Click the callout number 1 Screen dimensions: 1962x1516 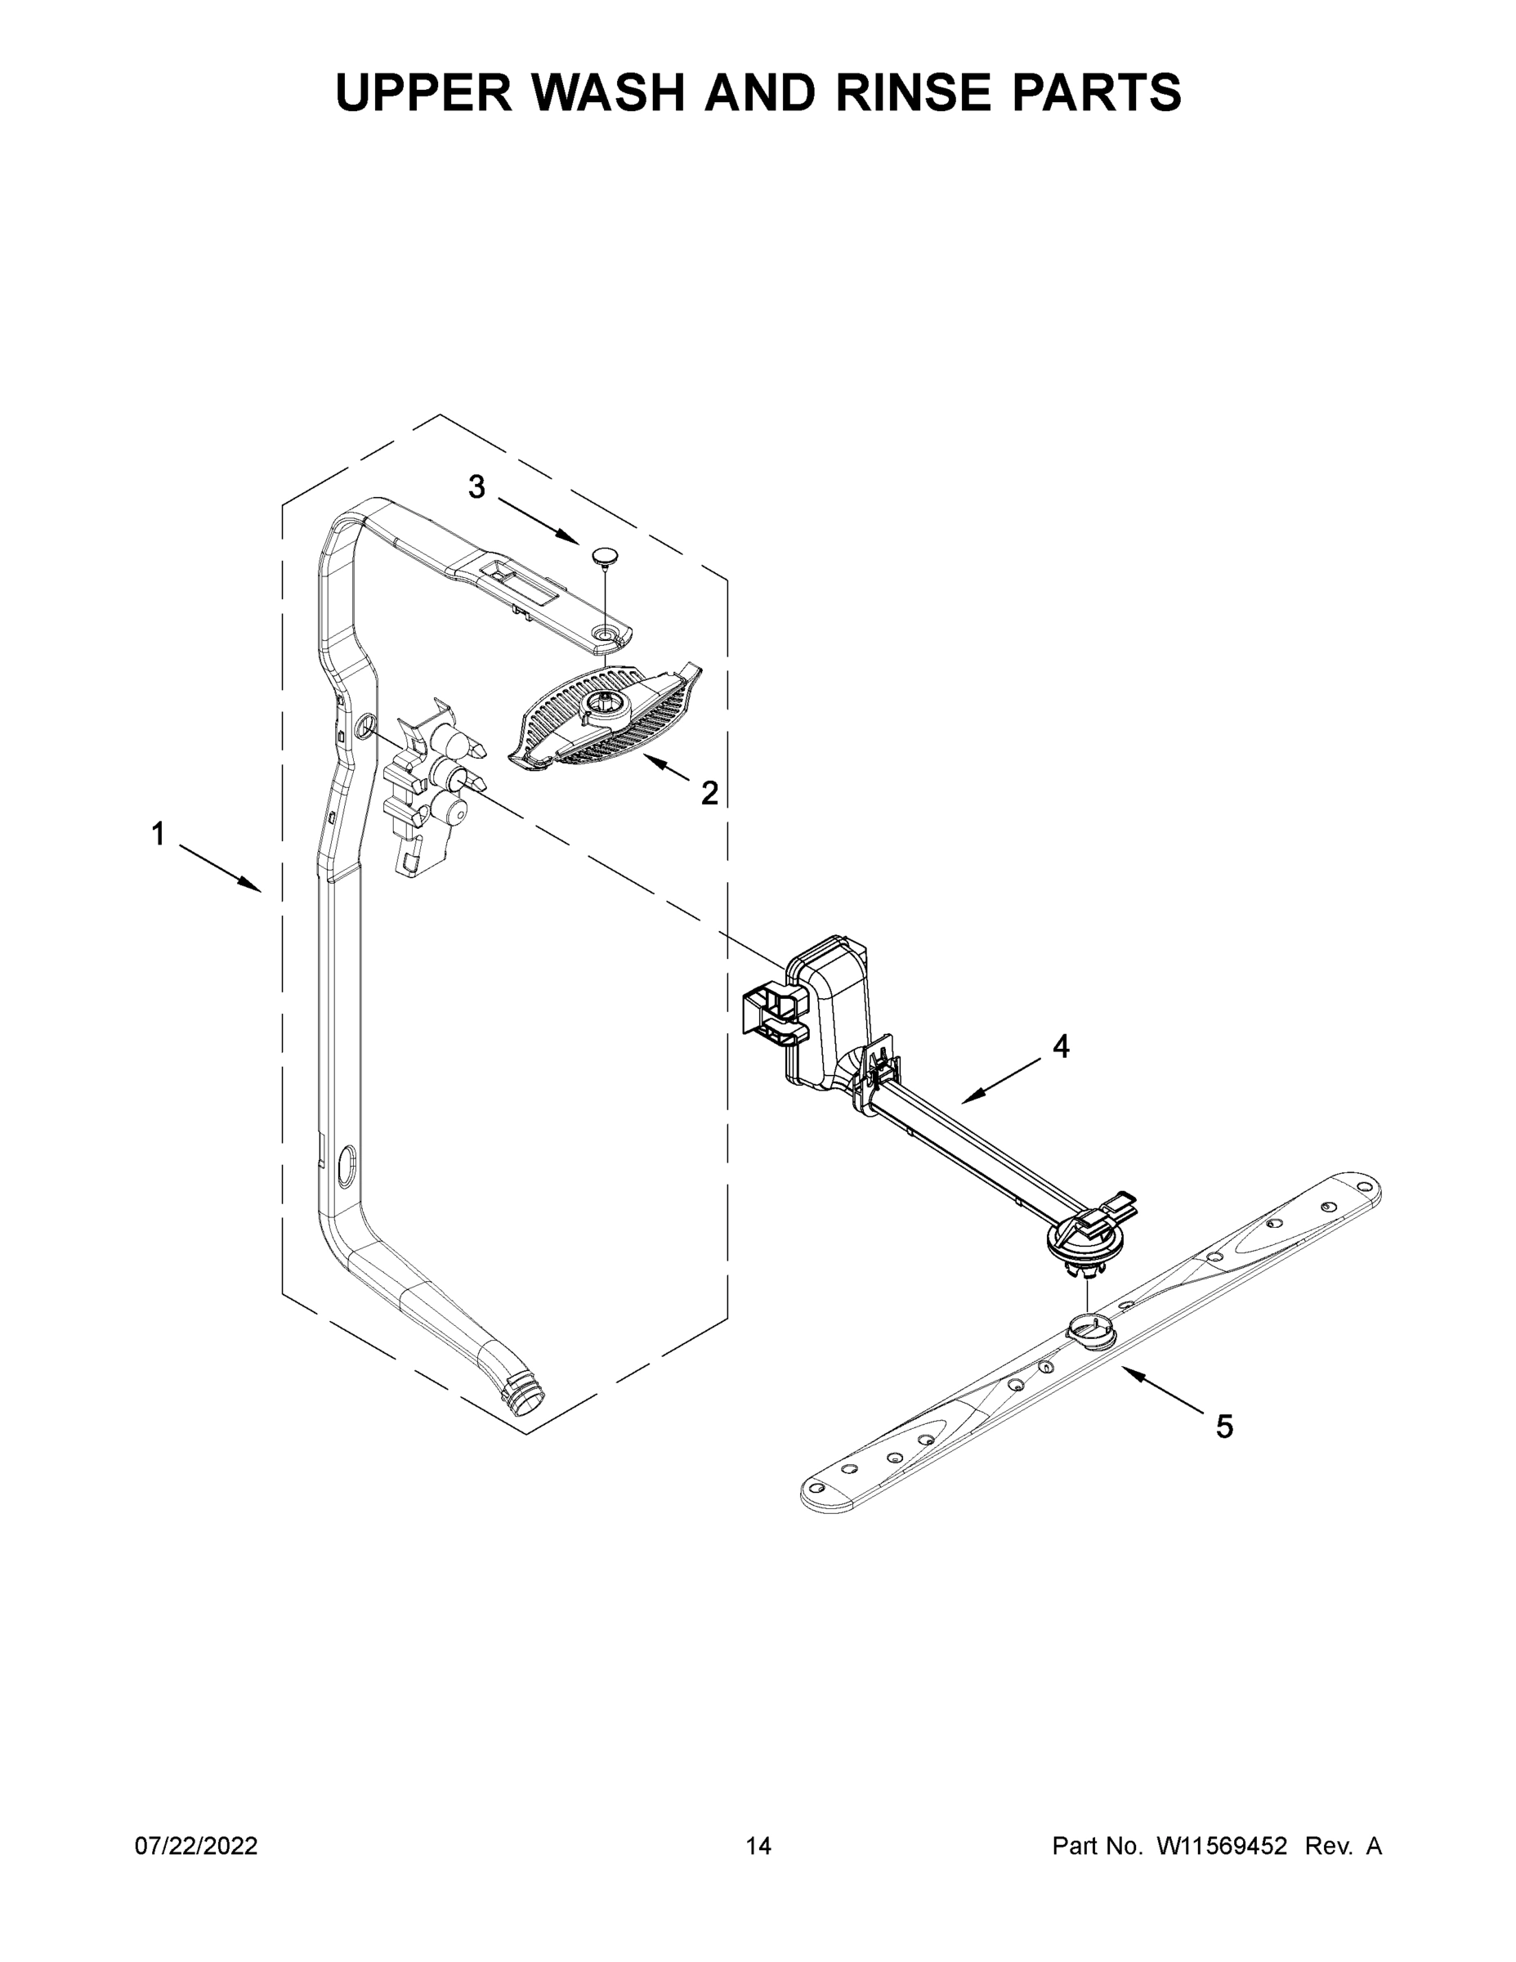158,835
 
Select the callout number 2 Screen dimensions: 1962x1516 709,792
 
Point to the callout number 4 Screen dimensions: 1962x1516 1061,1046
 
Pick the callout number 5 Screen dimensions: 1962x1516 1224,1426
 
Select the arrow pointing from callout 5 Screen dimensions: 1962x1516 1160,1389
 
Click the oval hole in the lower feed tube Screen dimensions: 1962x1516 346,1169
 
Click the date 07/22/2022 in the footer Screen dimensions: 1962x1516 196,1846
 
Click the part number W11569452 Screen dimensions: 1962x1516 1222,1846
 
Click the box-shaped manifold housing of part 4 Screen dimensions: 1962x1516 828,1010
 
